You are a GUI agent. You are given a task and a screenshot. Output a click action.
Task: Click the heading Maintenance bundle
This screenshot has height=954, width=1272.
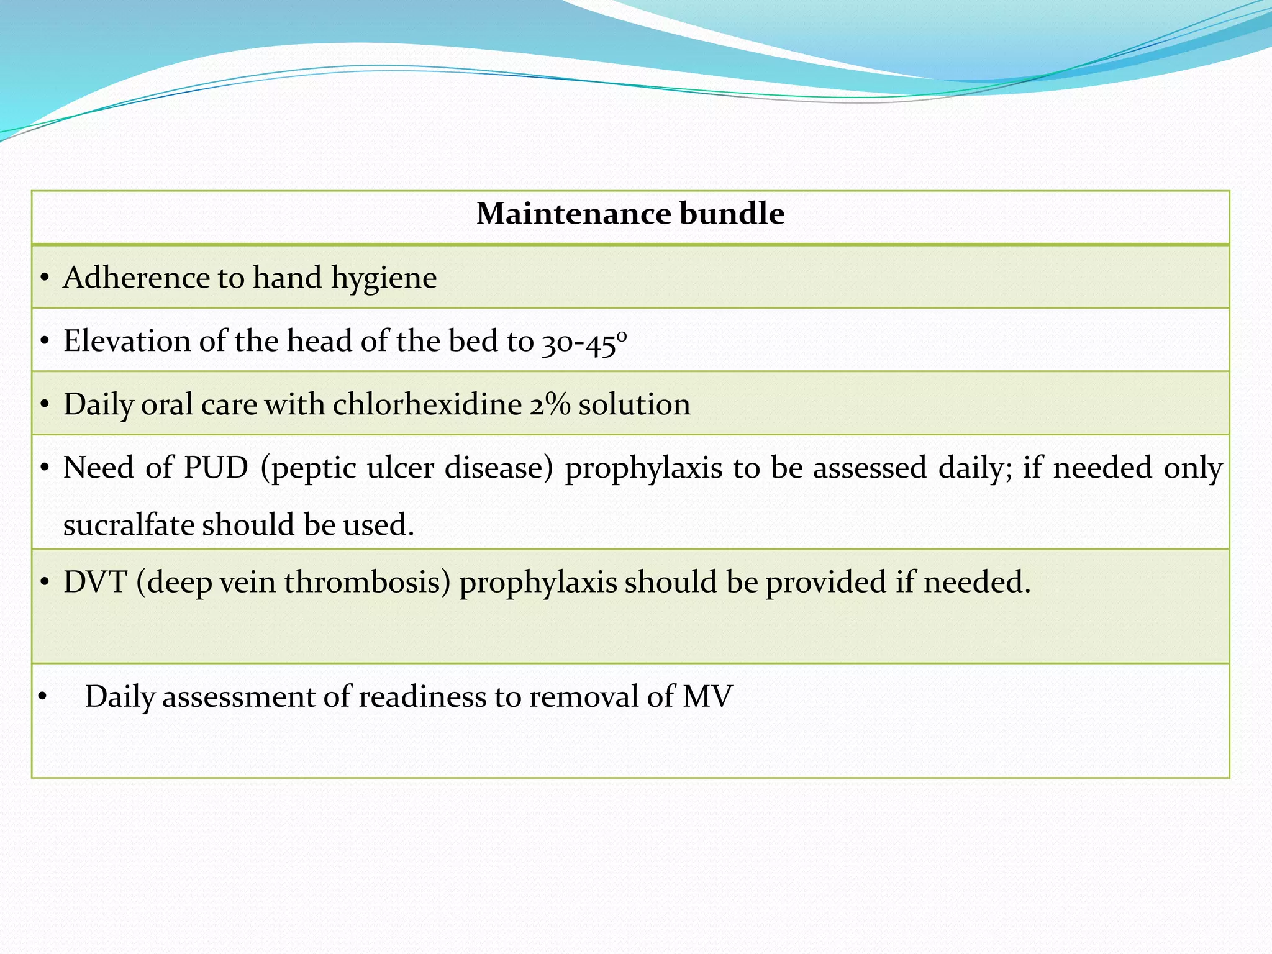pyautogui.click(x=630, y=214)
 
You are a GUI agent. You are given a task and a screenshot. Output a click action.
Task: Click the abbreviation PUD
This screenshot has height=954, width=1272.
pyautogui.click(x=216, y=468)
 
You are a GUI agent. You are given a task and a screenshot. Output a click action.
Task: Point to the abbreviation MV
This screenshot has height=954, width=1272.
pyautogui.click(x=707, y=697)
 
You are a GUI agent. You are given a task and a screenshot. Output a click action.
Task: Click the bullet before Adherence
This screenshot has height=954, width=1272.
pyautogui.click(x=43, y=279)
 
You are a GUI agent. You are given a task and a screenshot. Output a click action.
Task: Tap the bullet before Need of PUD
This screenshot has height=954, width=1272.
pyautogui.click(x=43, y=470)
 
